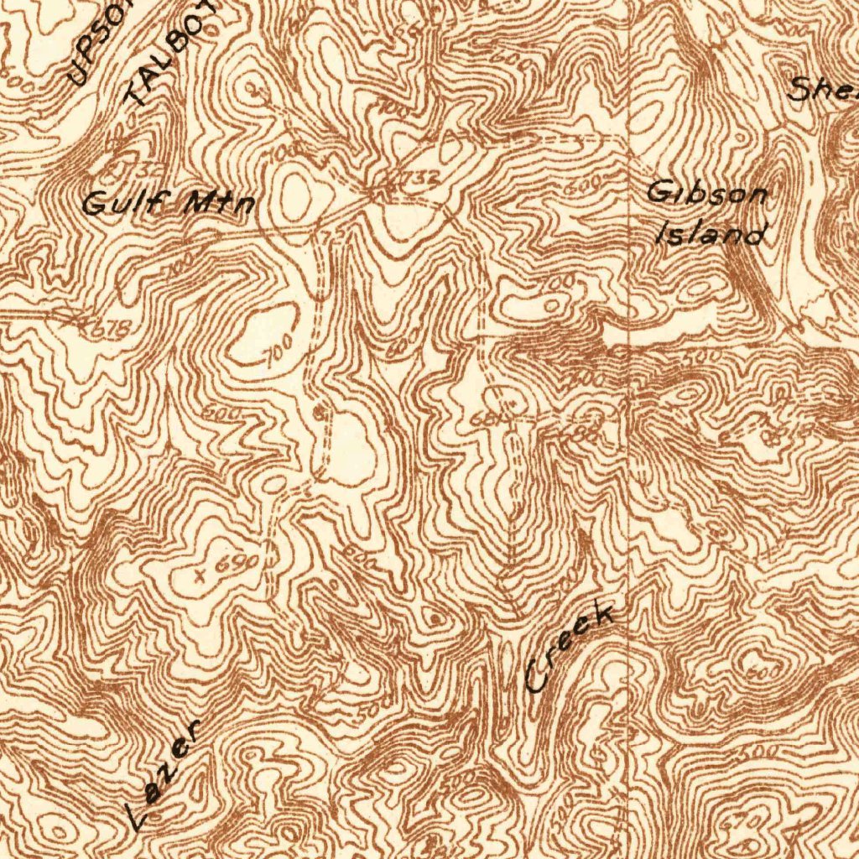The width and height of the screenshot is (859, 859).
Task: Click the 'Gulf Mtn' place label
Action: click(169, 202)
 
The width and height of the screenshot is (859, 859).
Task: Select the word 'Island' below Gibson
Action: click(711, 232)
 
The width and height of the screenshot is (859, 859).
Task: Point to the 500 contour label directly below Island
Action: click(705, 357)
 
